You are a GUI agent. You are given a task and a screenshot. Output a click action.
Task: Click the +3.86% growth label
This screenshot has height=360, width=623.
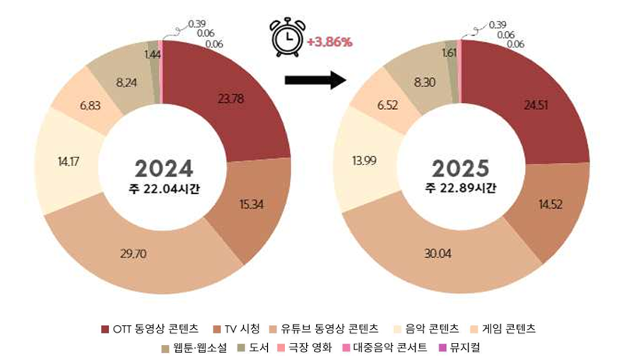(x=330, y=41)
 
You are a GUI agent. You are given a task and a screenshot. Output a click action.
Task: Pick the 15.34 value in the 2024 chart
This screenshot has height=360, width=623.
(x=250, y=204)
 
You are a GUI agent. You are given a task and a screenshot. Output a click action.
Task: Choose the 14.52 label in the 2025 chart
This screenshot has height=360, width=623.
(x=549, y=205)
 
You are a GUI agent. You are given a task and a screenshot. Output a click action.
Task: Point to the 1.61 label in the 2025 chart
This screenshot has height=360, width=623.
(x=448, y=53)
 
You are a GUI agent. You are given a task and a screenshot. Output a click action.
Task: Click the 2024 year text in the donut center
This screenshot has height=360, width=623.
(x=163, y=169)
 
